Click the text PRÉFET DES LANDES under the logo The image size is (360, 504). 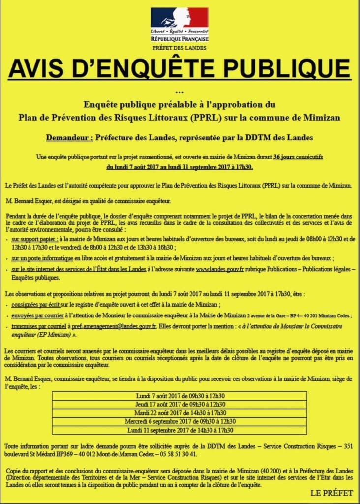180,48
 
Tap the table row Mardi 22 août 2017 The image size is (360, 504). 180,413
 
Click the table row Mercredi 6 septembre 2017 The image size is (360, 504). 180,421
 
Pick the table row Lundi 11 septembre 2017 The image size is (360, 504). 180,430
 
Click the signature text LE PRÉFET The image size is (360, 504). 330,493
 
